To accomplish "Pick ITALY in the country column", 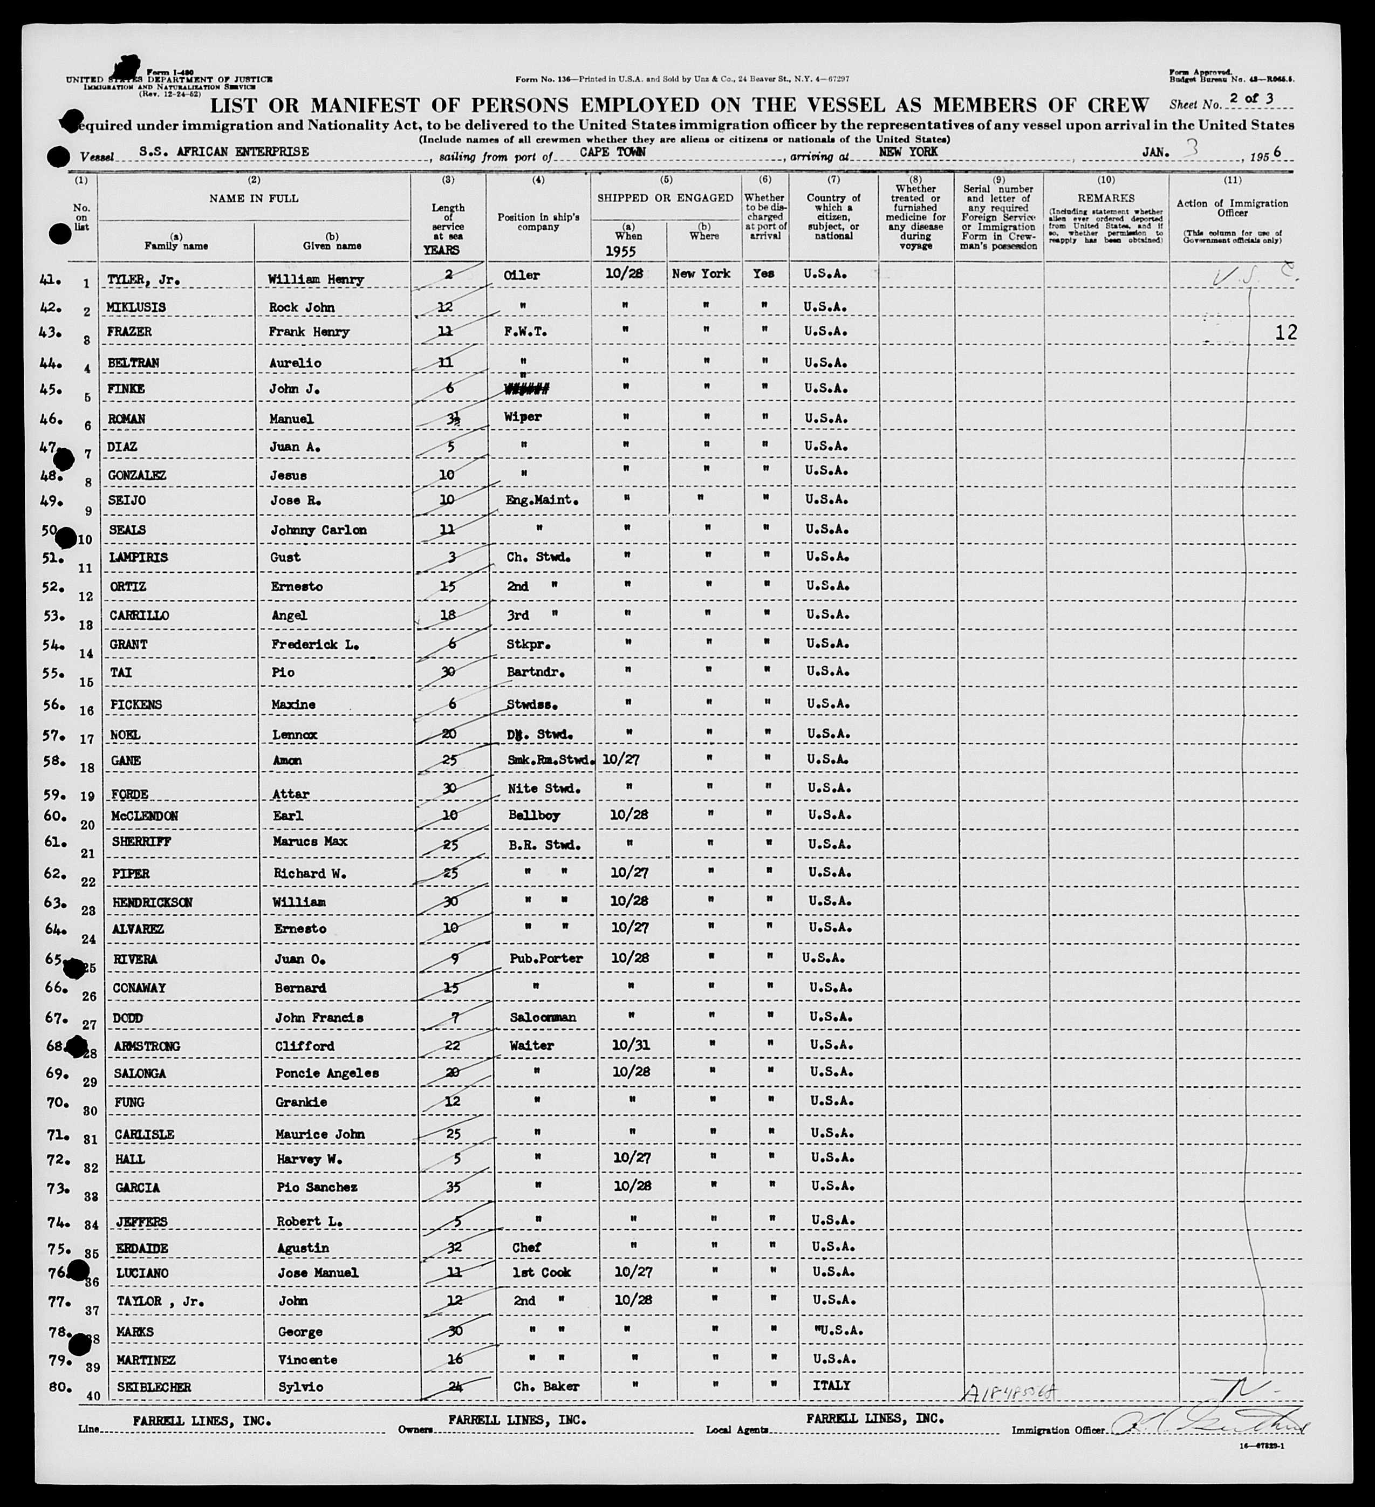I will point(831,1385).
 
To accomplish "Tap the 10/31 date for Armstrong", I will point(632,1044).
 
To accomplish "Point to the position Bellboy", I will point(534,815).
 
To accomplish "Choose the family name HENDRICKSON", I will point(153,902).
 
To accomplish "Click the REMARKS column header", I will point(1106,198).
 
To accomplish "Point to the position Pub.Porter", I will point(546,958).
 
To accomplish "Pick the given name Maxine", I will point(292,704).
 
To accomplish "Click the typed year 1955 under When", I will point(620,251).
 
